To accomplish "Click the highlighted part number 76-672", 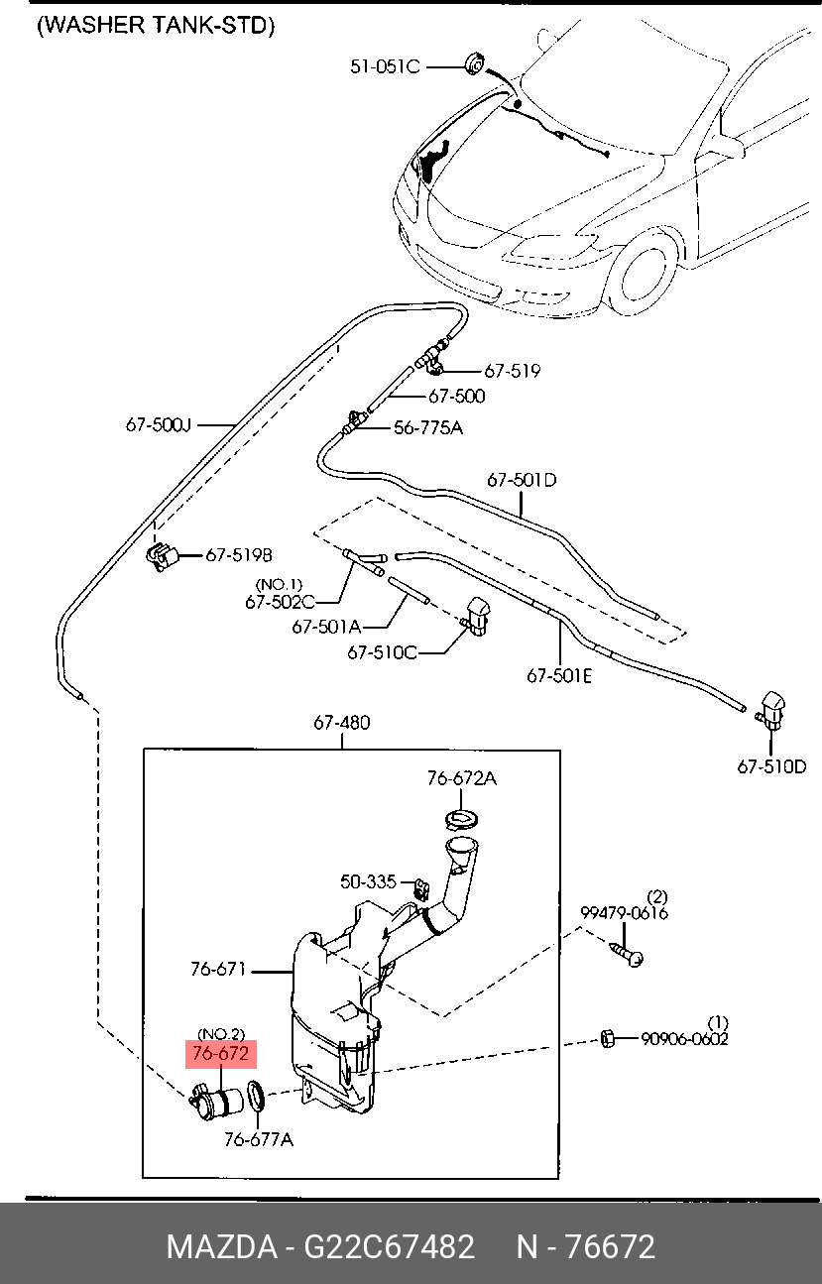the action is click(x=221, y=1054).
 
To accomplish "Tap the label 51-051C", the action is click(x=385, y=67).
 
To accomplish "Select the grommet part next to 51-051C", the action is click(x=475, y=63).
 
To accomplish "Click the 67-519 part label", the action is click(x=513, y=371).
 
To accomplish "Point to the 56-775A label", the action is click(x=428, y=427).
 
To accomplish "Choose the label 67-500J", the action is click(x=159, y=425).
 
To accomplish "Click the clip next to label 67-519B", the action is click(x=163, y=557).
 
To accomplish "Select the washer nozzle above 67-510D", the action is click(x=771, y=711).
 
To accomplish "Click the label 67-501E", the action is click(x=559, y=676).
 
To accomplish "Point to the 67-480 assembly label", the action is click(x=342, y=722).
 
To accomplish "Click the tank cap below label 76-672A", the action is click(x=462, y=820).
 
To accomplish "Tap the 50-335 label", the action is click(x=368, y=881).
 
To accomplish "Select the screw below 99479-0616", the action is click(x=626, y=955).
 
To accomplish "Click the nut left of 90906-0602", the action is click(x=608, y=1038).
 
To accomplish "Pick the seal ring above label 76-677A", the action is click(x=256, y=1096).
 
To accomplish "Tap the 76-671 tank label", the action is click(x=218, y=970).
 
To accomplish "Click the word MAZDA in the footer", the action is click(x=222, y=1246).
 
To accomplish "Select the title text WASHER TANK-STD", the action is click(x=156, y=26).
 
